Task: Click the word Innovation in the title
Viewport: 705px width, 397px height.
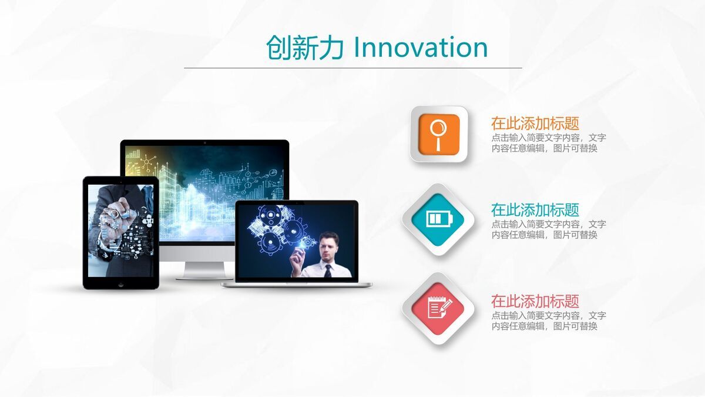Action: click(421, 48)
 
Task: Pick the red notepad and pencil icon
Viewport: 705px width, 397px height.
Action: click(438, 308)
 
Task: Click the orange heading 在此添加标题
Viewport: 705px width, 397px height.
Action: click(535, 124)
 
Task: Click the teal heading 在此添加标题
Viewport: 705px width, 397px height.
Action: click(535, 210)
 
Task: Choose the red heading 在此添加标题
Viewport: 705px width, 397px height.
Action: click(535, 302)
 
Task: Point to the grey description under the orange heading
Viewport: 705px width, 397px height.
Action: click(548, 143)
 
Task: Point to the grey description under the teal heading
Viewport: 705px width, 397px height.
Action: click(548, 229)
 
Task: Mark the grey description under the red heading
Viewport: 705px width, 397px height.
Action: click(548, 321)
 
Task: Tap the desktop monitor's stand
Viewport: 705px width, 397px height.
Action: click(204, 269)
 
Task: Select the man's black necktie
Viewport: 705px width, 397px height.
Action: click(328, 271)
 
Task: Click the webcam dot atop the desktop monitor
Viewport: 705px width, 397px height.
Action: click(204, 142)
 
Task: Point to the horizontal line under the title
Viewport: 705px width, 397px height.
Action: click(352, 68)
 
